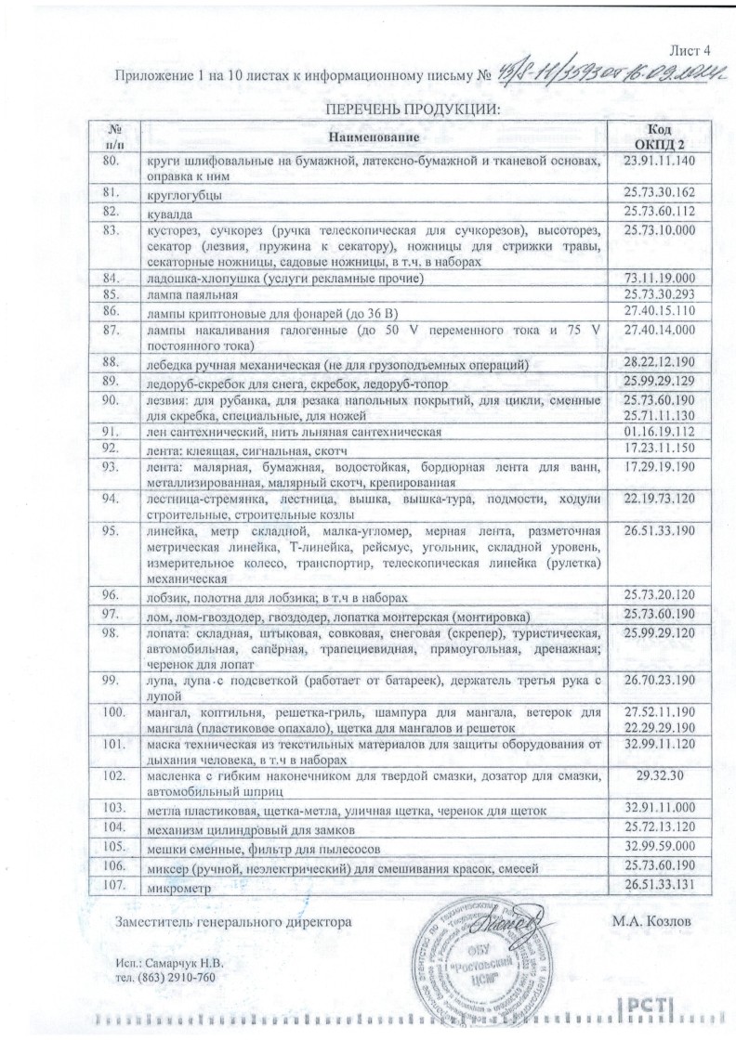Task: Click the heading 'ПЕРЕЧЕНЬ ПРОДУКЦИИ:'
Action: click(411, 110)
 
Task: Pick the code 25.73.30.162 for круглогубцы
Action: click(660, 194)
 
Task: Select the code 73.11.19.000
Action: click(660, 277)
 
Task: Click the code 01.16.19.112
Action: click(660, 431)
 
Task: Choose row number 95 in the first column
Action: click(113, 531)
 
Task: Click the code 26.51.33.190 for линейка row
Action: click(660, 531)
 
